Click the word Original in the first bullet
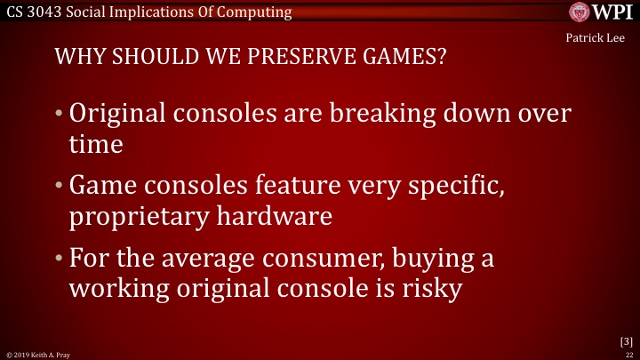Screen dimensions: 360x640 point(120,115)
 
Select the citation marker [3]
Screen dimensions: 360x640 point(625,340)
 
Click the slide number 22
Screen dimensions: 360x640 point(628,354)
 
